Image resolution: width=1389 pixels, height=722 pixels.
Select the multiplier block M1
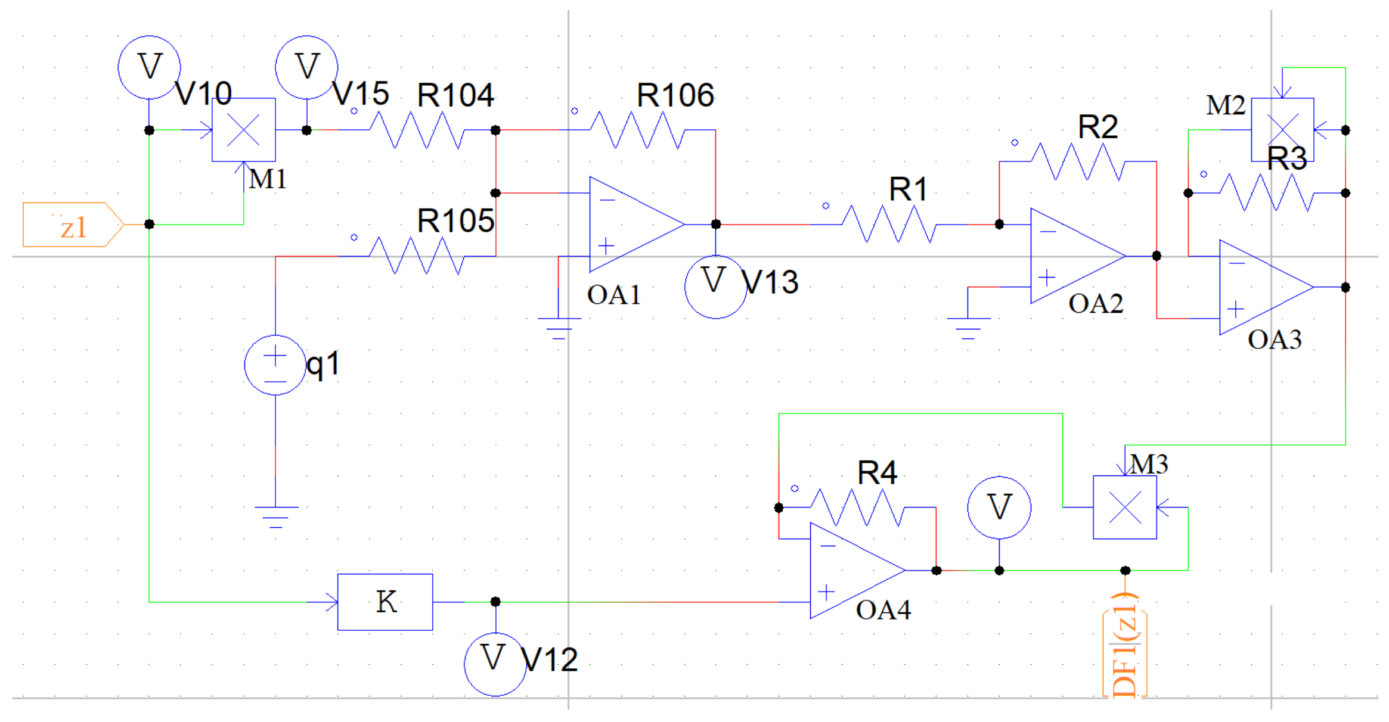243,130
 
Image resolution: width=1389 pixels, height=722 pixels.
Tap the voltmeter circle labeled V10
149,67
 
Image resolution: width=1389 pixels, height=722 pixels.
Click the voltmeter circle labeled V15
306,67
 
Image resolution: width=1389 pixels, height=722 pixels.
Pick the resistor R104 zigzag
417,130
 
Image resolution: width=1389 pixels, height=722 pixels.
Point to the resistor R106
638,130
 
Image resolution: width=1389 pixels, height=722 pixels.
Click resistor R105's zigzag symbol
417,256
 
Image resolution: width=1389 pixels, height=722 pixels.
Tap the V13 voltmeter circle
715,287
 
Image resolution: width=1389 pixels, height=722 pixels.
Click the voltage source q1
275,365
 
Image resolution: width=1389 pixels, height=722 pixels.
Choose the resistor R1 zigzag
888,225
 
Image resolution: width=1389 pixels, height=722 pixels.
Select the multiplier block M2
1282,130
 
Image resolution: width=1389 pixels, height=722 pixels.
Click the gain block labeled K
385,602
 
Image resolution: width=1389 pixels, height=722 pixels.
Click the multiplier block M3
1125,508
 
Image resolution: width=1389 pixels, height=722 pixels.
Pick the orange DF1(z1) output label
1125,646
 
